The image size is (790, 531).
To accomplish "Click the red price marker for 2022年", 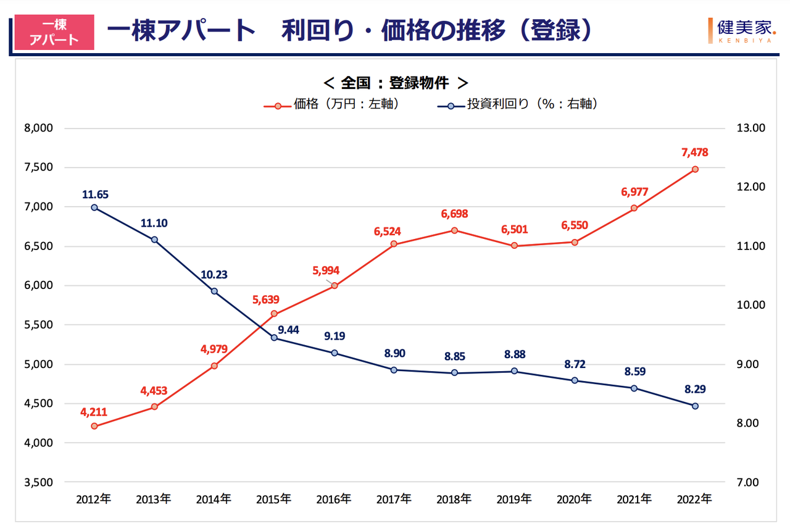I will coord(695,169).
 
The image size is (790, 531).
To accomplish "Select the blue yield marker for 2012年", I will coord(94,207).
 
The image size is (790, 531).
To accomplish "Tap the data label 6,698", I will coord(454,214).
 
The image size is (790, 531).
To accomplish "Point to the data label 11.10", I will coord(154,224).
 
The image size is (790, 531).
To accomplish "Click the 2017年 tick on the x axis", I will coord(394,498).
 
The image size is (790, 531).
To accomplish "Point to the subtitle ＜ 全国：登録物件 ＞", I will coord(395,83).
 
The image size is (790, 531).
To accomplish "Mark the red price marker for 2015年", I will coord(275,314).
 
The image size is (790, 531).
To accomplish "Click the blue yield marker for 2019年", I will coord(514,371).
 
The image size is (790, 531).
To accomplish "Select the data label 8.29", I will coord(695,390).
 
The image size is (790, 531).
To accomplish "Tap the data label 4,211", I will coord(94,410).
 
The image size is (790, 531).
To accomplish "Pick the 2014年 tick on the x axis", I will coord(214,498).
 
